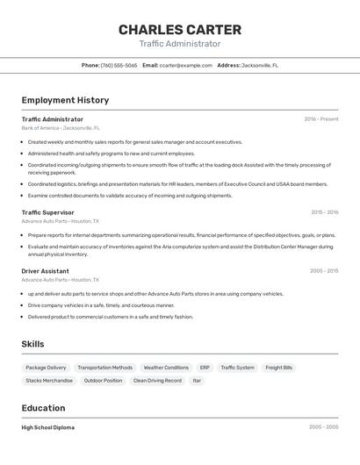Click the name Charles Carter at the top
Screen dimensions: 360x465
[x=179, y=29]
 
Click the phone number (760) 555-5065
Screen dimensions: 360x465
[x=119, y=65]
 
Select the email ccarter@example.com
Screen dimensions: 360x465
[x=186, y=65]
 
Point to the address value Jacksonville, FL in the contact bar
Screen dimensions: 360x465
[x=261, y=65]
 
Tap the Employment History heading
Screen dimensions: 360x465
[x=65, y=100]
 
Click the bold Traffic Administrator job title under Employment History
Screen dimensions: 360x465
[x=53, y=119]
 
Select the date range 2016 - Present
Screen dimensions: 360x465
[x=320, y=119]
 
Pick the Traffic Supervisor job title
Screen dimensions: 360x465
[x=47, y=212]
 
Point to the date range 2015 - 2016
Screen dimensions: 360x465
[x=324, y=212]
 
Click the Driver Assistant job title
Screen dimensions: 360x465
[x=45, y=271]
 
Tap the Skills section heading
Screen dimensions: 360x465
[x=32, y=344]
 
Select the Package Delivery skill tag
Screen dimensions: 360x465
[x=46, y=368]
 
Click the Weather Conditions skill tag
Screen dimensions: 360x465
[x=166, y=368]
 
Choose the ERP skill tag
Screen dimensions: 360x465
[x=205, y=368]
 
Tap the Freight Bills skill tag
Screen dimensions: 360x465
[x=279, y=368]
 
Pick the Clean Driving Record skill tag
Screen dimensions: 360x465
[x=157, y=381]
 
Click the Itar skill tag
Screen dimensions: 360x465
[x=197, y=381]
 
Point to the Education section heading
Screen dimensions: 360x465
[x=43, y=408]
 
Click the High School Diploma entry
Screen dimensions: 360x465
[x=48, y=427]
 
